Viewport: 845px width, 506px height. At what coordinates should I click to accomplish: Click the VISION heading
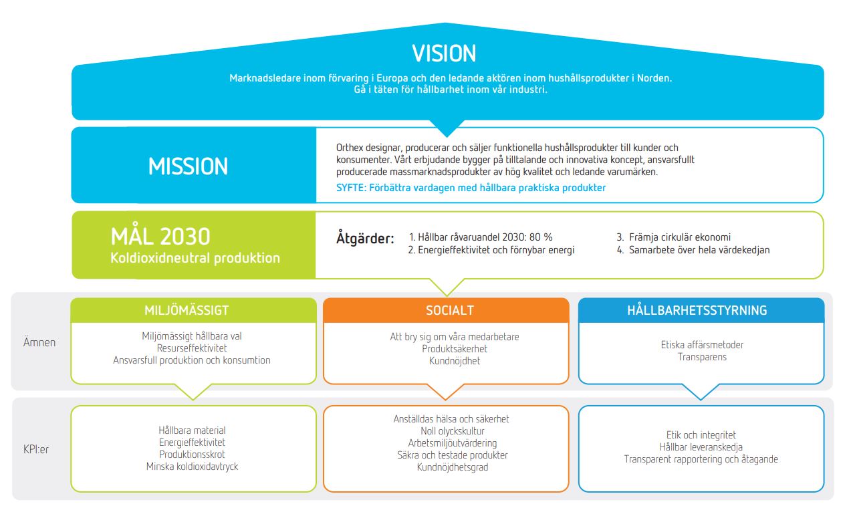click(x=444, y=53)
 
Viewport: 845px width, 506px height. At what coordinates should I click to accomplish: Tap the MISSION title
click(x=189, y=166)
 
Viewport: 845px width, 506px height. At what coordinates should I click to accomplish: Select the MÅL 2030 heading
click(x=160, y=236)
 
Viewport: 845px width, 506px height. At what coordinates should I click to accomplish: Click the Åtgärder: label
click(x=365, y=239)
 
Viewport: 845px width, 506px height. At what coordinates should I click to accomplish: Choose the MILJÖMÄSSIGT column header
click(x=187, y=310)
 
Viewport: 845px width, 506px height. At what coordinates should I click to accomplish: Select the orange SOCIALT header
click(x=450, y=310)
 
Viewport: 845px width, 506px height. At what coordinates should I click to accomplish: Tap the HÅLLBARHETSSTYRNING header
click(x=697, y=310)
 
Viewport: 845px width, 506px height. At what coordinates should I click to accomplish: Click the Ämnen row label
click(x=39, y=342)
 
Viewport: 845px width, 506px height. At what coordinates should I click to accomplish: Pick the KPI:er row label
click(x=36, y=449)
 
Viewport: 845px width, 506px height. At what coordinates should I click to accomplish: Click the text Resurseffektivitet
click(x=192, y=348)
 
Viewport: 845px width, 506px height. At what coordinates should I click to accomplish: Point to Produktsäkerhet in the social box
click(x=455, y=349)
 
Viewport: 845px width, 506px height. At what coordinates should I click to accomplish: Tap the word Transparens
click(x=702, y=357)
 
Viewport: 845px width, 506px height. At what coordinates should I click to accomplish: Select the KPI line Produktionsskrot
click(x=192, y=455)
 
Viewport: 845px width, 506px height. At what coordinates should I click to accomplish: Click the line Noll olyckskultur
click(x=453, y=431)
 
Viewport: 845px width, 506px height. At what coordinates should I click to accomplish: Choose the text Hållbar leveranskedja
click(x=701, y=447)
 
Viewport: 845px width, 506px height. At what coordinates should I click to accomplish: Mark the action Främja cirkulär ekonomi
click(x=680, y=237)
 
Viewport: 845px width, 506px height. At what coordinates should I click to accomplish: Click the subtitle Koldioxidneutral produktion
click(x=195, y=258)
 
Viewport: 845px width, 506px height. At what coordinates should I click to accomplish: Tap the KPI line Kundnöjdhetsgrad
click(x=453, y=467)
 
